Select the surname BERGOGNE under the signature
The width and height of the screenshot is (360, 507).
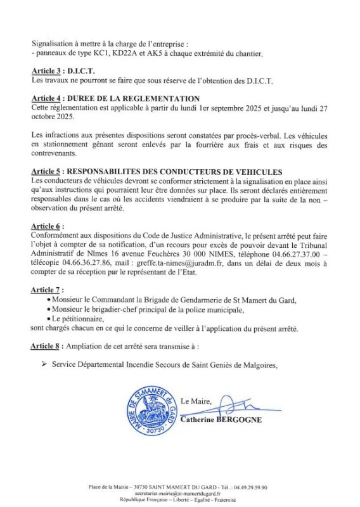[x=238, y=420]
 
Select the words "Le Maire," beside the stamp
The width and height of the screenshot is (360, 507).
[x=197, y=401]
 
